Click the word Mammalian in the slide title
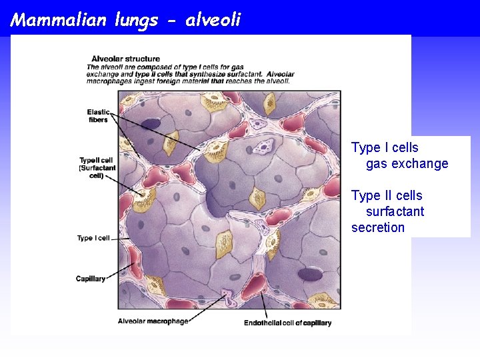[x=58, y=20]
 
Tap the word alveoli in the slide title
[x=213, y=20]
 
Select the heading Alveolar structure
[x=116, y=58]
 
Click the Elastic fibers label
[x=98, y=116]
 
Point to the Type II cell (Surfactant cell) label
[x=97, y=168]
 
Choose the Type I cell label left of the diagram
[x=93, y=238]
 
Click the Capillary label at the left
[x=91, y=279]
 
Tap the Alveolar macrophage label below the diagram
[x=153, y=321]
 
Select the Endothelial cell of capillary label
[x=287, y=323]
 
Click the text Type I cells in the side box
[x=385, y=147]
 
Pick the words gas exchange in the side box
[x=407, y=163]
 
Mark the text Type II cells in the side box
[x=387, y=195]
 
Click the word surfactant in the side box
[x=395, y=211]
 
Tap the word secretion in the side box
[x=378, y=227]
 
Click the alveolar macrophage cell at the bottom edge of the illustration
[x=229, y=297]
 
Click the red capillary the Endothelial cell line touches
[x=255, y=285]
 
